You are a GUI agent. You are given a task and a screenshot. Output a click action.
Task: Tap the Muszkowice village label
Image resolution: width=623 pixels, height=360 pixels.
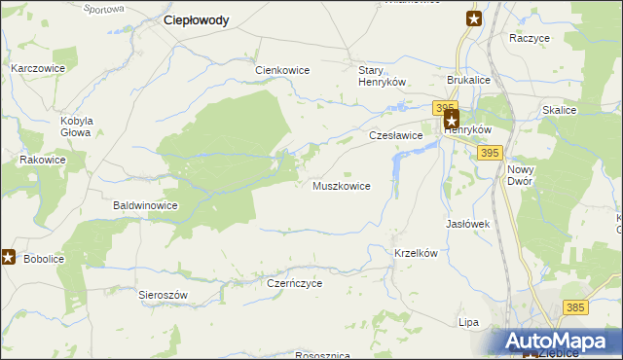click(341, 185)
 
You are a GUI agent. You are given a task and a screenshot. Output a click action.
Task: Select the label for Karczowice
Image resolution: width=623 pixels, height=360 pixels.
click(38, 69)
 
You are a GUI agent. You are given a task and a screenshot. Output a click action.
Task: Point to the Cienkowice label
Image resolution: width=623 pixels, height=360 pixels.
click(282, 70)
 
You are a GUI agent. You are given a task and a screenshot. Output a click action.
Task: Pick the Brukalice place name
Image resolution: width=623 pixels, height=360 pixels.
click(468, 81)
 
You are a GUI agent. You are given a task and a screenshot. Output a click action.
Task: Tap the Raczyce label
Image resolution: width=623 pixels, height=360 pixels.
click(530, 38)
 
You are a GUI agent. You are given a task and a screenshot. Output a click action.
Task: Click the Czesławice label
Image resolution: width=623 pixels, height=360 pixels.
click(395, 136)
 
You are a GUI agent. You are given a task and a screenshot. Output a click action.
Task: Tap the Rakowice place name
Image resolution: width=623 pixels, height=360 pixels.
click(43, 160)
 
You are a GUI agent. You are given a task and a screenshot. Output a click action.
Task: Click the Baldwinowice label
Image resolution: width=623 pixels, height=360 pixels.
click(145, 206)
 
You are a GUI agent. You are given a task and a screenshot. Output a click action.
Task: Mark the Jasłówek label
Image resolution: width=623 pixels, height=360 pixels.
click(467, 224)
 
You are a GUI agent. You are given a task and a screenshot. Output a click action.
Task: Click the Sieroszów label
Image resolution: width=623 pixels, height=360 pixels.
click(162, 294)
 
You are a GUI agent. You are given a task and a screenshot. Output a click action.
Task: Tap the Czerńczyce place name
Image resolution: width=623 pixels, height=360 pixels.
click(294, 283)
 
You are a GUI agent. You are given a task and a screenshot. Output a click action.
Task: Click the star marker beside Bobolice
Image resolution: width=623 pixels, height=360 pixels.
click(9, 257)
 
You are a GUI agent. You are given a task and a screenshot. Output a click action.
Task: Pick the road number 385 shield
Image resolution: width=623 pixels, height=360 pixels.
click(574, 307)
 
